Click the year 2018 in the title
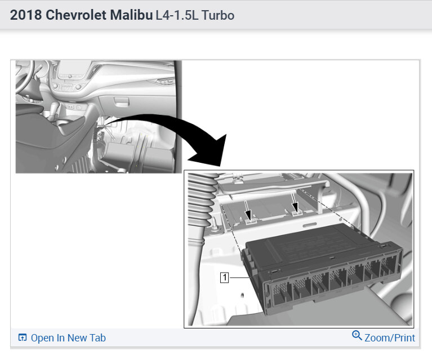pyautogui.click(x=26, y=15)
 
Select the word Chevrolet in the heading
pyautogui.click(x=76, y=15)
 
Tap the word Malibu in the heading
pyautogui.click(x=131, y=15)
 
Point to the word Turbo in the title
pyautogui.click(x=217, y=15)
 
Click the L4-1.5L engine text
pyautogui.click(x=177, y=15)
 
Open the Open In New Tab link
pyautogui.click(x=68, y=337)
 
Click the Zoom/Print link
pyautogui.click(x=390, y=337)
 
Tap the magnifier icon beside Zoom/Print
pyautogui.click(x=357, y=335)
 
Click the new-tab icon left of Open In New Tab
pyautogui.click(x=23, y=337)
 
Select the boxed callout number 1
pyautogui.click(x=225, y=277)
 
